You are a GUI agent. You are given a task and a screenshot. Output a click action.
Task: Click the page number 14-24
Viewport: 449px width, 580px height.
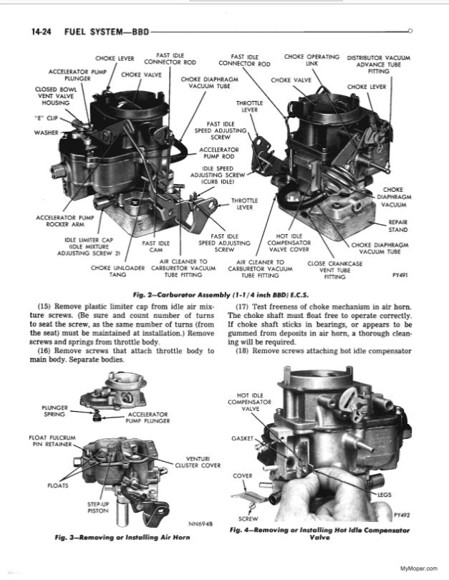(x=44, y=32)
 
